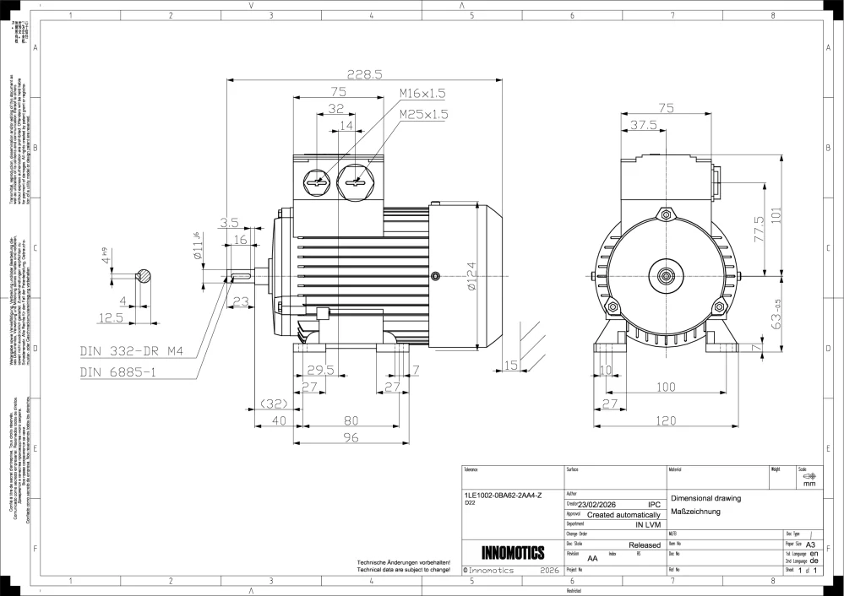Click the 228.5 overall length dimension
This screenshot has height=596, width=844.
(364, 73)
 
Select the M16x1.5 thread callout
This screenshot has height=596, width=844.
(422, 93)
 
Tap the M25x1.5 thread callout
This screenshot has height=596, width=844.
(423, 113)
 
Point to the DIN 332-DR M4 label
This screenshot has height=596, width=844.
(131, 350)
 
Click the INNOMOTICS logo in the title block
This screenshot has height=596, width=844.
(513, 554)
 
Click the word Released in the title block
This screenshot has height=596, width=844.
(644, 545)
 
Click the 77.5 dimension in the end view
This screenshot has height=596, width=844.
(759, 230)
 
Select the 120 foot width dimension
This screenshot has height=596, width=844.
(667, 420)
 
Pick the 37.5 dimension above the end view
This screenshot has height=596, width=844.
(643, 125)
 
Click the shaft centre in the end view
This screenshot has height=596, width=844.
(667, 275)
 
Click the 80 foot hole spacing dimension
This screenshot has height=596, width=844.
(351, 420)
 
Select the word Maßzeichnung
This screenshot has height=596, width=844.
(694, 512)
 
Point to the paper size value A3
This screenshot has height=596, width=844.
(810, 545)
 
